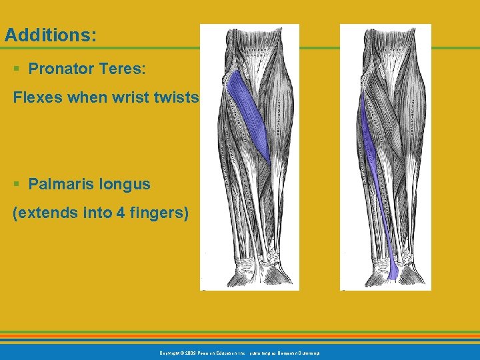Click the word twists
[x=179, y=98]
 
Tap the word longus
[x=123, y=184]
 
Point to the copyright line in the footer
[x=239, y=352]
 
